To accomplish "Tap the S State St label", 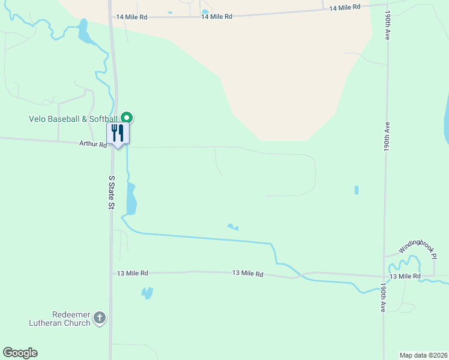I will pyautogui.click(x=111, y=192).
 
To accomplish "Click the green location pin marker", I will pyautogui.click(x=127, y=118).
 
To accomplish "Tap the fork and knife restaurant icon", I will pyautogui.click(x=118, y=134).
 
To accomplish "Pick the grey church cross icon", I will pyautogui.click(x=100, y=317).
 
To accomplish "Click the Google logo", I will pyautogui.click(x=20, y=353).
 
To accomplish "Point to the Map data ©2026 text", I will pyautogui.click(x=423, y=354).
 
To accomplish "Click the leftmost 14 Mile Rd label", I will pyautogui.click(x=132, y=17).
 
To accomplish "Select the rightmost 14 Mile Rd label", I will pyautogui.click(x=345, y=7).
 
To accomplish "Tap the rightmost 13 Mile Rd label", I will pyautogui.click(x=405, y=276).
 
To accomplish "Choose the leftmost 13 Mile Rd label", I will pyautogui.click(x=133, y=273).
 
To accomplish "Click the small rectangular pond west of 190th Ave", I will pyautogui.click(x=357, y=190).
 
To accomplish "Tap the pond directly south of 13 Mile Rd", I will pyautogui.click(x=146, y=293).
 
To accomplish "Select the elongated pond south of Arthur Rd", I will pyautogui.click(x=131, y=199).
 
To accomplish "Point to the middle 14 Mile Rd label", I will pyautogui.click(x=217, y=17).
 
